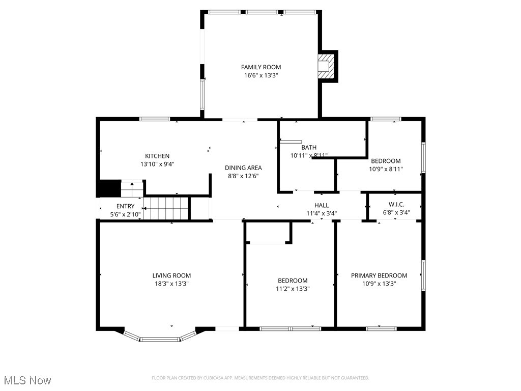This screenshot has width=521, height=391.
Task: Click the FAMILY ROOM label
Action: tap(260, 67)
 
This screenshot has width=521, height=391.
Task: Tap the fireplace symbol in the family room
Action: tap(324, 66)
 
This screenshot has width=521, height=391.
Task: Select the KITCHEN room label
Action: tap(157, 156)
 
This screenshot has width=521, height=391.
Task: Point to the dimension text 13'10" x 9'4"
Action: tap(157, 164)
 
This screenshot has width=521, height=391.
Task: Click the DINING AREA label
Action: tap(244, 168)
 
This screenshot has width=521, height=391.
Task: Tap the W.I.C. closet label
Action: tap(396, 205)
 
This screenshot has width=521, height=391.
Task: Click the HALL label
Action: tap(322, 205)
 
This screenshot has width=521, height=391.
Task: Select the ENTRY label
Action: tap(125, 207)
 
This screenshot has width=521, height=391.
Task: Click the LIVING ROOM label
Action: tap(172, 276)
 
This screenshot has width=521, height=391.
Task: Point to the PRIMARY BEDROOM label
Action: tap(379, 276)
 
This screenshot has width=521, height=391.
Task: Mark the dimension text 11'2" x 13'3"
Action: tap(293, 289)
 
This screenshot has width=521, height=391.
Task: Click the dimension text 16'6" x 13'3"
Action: tap(260, 75)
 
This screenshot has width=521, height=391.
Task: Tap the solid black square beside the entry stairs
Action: tap(108, 188)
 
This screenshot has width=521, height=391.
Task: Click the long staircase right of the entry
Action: tap(166, 208)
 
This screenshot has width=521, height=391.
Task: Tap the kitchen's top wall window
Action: tap(155, 119)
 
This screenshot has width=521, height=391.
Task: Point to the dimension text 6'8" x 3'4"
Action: tap(396, 213)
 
